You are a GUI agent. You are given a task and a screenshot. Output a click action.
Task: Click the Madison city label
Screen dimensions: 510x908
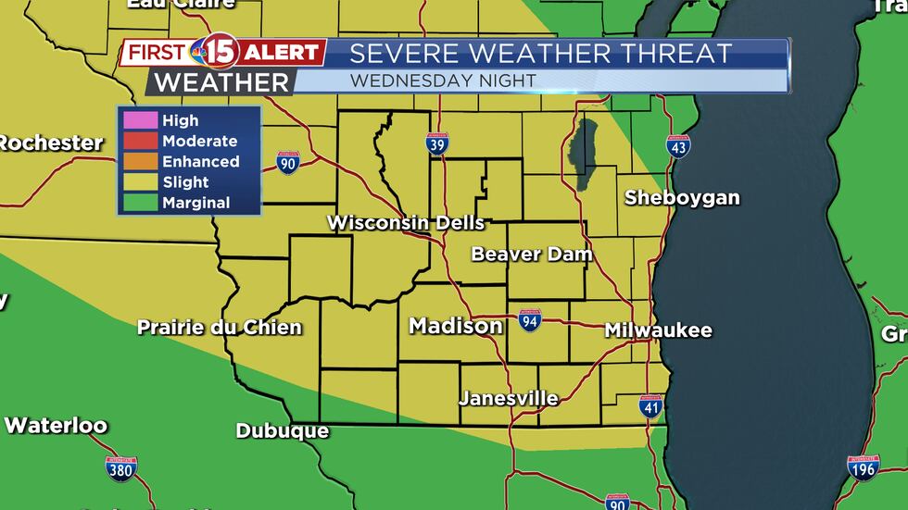tap(456, 326)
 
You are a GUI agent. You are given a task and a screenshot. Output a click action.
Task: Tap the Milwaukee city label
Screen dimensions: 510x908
tap(658, 330)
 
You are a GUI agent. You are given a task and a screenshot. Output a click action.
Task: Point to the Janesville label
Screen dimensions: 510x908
tap(509, 399)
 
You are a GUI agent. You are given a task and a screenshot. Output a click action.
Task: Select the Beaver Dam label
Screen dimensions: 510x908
tap(531, 254)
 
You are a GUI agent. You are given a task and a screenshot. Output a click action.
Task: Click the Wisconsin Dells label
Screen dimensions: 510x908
tap(406, 223)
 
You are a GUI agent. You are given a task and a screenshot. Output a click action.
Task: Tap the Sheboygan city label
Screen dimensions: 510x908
tap(682, 197)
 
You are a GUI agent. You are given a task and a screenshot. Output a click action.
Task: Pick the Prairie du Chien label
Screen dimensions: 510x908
tap(220, 327)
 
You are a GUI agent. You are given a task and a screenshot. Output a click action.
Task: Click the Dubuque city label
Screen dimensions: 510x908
tap(283, 430)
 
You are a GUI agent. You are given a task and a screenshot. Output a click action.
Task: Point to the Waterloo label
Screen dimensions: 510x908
tap(56, 426)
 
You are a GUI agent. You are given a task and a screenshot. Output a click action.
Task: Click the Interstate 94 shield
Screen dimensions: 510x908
tap(530, 320)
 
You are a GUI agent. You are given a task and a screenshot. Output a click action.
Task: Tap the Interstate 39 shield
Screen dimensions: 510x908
tap(438, 143)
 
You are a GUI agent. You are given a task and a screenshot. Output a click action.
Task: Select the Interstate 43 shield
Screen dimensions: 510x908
tap(678, 146)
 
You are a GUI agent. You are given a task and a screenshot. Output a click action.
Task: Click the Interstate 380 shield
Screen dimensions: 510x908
tap(121, 468)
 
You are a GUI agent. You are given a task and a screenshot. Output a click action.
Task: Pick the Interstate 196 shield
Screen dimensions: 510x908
tap(864, 467)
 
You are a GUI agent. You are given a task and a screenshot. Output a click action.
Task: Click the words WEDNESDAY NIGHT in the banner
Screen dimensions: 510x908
tap(443, 81)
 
